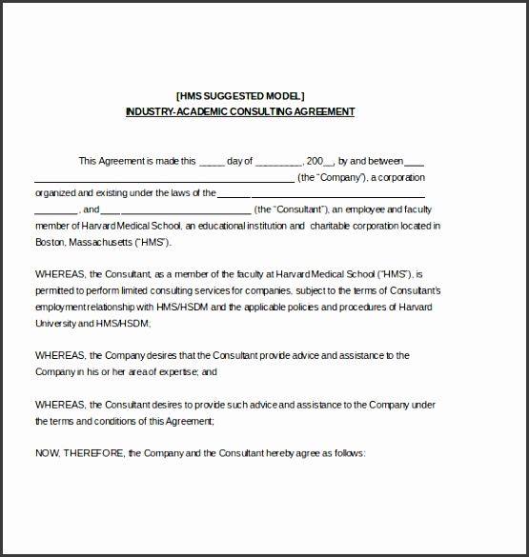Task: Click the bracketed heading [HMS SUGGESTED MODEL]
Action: [x=240, y=95]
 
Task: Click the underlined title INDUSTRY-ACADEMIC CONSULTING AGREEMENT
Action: [x=240, y=111]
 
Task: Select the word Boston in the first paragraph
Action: [x=51, y=242]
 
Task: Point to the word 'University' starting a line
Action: [x=56, y=323]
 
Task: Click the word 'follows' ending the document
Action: [x=347, y=452]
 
